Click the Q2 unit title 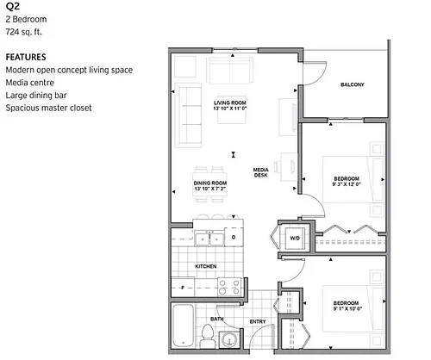click(12, 6)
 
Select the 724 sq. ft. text click(24, 32)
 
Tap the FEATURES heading click(26, 57)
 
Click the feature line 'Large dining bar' click(36, 95)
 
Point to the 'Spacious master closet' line click(48, 108)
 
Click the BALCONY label click(353, 84)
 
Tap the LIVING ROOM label click(230, 102)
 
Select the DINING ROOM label click(210, 183)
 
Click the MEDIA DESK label click(261, 172)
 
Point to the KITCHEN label click(206, 266)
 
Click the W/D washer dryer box click(295, 239)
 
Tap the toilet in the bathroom click(207, 336)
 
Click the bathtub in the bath click(184, 326)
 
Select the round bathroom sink click(229, 340)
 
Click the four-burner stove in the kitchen click(229, 287)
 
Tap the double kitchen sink click(209, 239)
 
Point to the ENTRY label click(258, 322)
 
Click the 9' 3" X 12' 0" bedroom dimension click(347, 184)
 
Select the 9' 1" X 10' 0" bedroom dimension click(347, 309)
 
